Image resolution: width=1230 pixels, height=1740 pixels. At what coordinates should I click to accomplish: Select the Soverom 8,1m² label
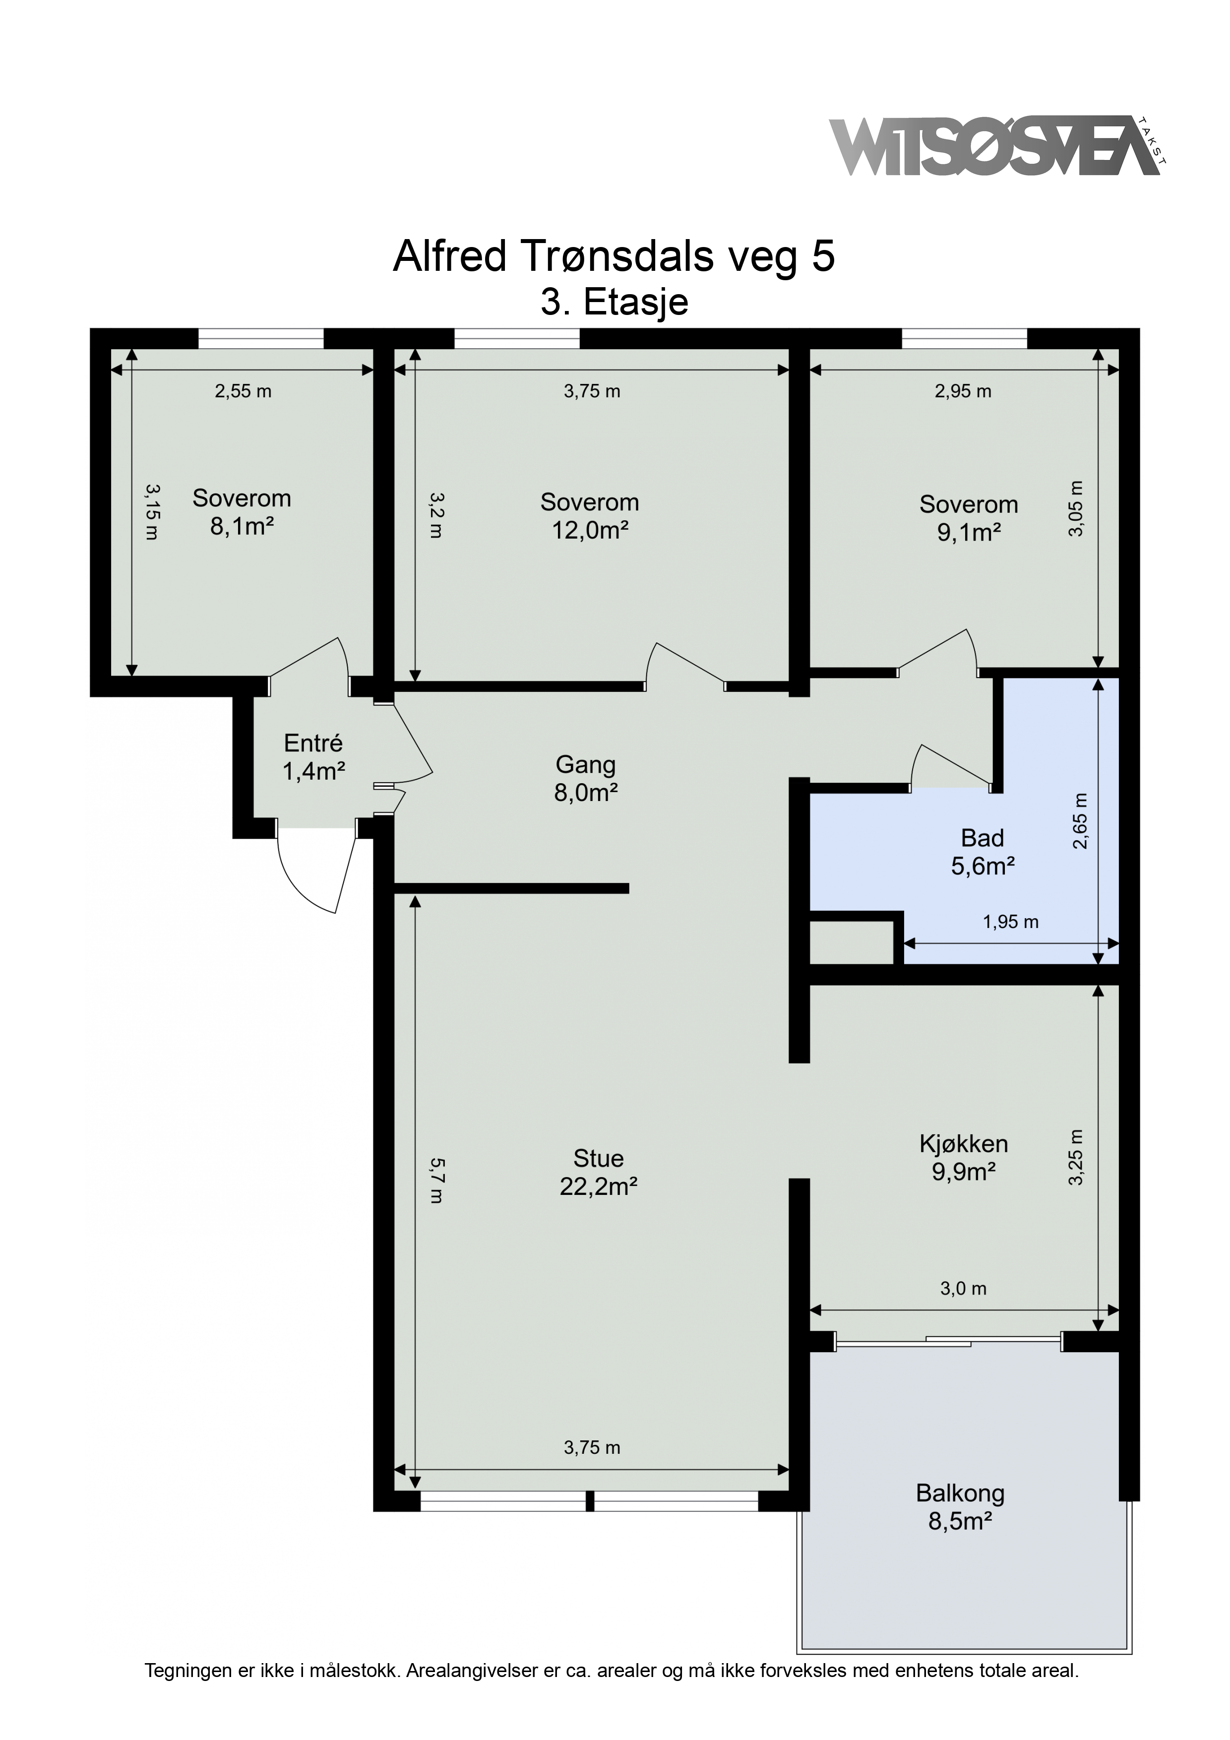point(242,511)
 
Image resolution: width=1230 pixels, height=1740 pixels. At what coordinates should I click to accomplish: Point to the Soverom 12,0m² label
point(590,515)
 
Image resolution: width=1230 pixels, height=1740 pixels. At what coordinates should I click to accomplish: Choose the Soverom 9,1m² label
point(969,518)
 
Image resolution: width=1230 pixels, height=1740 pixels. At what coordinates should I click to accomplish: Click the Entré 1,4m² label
point(314,756)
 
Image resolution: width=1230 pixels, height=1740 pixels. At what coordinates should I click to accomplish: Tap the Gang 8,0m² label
point(586,778)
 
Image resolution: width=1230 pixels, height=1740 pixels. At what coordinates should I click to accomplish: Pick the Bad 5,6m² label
point(983,851)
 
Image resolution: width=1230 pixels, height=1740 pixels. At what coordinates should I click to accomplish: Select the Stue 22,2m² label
point(598,1172)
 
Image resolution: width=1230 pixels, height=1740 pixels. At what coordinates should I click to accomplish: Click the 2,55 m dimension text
point(243,391)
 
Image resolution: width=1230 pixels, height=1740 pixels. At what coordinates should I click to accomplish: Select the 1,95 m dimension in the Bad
point(1010,922)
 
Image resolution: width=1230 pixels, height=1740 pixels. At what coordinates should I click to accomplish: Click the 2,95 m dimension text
point(963,391)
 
